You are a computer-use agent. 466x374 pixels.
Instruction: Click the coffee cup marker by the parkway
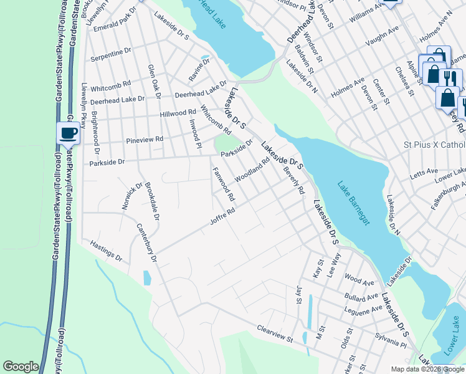point(68,133)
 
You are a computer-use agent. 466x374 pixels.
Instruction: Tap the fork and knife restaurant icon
point(450,79)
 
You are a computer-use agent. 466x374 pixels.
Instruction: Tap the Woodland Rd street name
point(252,170)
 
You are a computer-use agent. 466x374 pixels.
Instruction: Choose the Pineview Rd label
point(145,139)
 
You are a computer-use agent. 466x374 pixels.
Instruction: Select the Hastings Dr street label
point(106,251)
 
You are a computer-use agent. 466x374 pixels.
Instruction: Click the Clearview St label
point(275,334)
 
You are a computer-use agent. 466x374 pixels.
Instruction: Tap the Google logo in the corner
point(21,366)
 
